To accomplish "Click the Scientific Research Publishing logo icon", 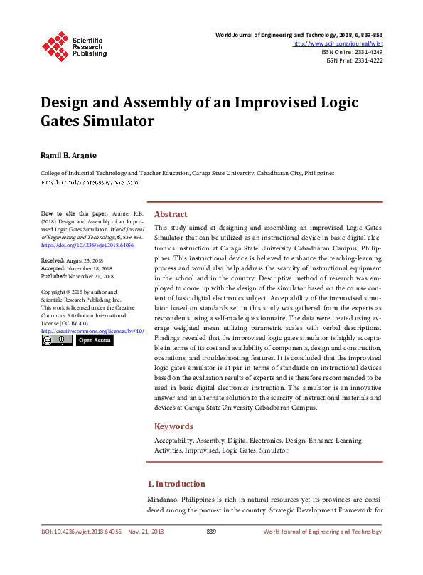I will pos(55,44).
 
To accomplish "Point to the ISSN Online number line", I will pos(352,52).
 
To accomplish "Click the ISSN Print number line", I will pos(354,60).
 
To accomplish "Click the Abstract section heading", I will pos(171,214).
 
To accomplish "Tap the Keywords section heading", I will pos(173,426).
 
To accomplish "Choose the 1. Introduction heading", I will pos(181,484).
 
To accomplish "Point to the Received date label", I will pos(53,261).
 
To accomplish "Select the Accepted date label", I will pos(54,269).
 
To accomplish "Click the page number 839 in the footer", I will pos(211,532).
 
